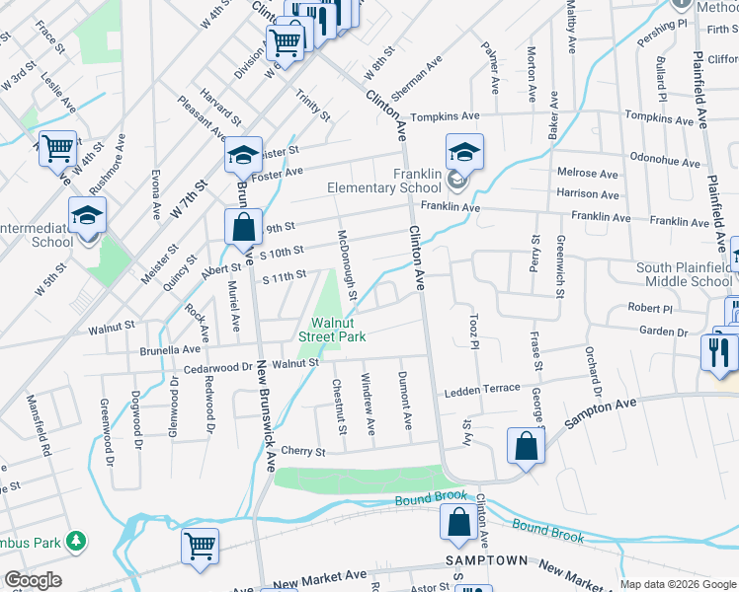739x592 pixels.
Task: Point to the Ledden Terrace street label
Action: [x=481, y=390]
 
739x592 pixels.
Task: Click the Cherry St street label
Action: [x=302, y=451]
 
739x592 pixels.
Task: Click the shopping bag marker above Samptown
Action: [x=459, y=522]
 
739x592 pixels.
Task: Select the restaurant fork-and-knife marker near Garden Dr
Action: [x=717, y=350]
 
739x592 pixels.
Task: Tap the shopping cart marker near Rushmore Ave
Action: [x=58, y=149]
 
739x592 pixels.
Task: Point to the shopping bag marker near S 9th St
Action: [x=243, y=227]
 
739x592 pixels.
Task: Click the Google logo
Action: [x=32, y=581]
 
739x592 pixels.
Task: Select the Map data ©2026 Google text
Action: [x=677, y=584]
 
